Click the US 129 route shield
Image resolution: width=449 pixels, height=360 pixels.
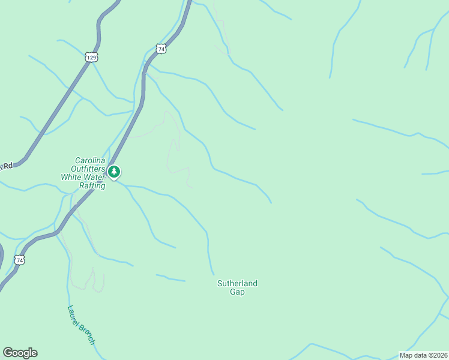[91, 57]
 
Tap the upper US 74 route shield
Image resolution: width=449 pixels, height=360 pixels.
[160, 49]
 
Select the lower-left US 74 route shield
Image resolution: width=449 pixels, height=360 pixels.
[20, 260]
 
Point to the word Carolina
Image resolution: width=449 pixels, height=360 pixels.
[90, 161]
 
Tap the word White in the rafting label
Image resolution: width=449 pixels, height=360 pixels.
[71, 178]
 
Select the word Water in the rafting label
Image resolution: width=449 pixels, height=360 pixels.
[95, 178]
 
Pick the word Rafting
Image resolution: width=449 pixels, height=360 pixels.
[92, 186]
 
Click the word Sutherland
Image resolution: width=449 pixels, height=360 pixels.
[237, 283]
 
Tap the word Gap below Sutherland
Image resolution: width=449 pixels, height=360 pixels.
[237, 292]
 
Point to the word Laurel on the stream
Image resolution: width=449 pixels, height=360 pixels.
[75, 315]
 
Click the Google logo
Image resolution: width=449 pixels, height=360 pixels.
[20, 353]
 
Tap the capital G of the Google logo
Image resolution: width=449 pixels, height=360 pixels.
[8, 353]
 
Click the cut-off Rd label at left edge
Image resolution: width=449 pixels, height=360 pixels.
[6, 166]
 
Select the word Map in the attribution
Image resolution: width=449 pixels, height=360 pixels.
[406, 355]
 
